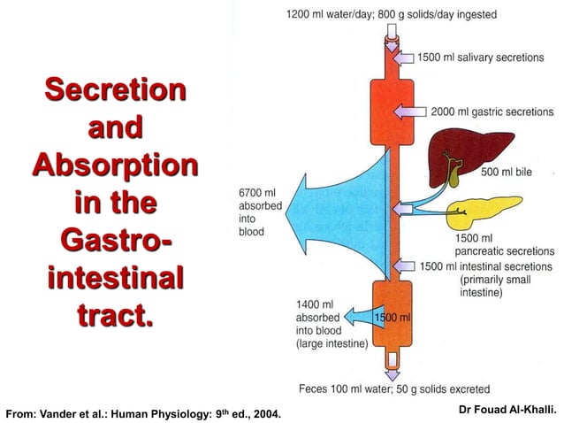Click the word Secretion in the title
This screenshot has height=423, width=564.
click(x=115, y=90)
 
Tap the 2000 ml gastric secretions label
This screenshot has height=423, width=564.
click(x=492, y=112)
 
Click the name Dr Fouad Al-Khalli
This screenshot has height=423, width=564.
click(x=508, y=409)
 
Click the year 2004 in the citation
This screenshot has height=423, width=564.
click(x=267, y=413)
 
